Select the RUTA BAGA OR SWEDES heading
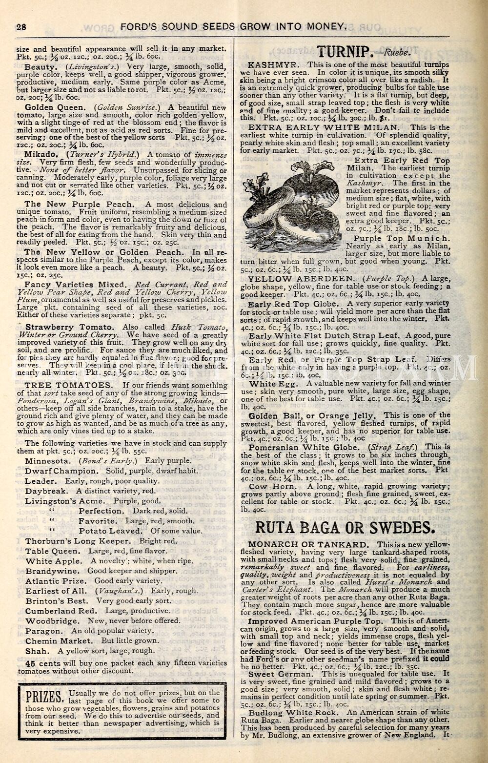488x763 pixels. [345, 528]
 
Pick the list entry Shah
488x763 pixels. [37, 651]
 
